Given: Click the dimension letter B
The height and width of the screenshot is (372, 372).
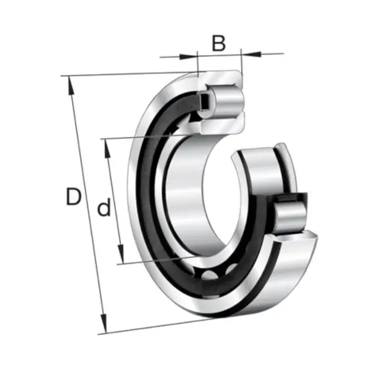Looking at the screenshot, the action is [x=218, y=43].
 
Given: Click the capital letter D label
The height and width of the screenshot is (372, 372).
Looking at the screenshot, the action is [x=74, y=196].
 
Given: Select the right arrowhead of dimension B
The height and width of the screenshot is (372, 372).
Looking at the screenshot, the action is [x=251, y=54].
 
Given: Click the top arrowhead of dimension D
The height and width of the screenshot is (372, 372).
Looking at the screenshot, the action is [x=71, y=86].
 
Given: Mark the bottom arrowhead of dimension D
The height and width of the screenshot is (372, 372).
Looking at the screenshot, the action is [x=104, y=324].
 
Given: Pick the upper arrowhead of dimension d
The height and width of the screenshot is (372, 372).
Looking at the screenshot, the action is [x=107, y=149].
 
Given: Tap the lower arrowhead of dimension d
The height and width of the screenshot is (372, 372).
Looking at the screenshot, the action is [x=120, y=254].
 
